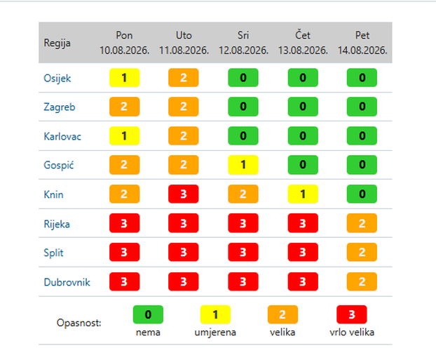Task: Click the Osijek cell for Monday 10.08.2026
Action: pos(124,78)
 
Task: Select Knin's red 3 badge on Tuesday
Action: pos(183,194)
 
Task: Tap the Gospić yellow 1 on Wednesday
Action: pos(243,164)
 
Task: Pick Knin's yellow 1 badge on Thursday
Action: pos(303,194)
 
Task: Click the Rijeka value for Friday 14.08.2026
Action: pos(362,223)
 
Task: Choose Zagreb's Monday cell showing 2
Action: pos(124,107)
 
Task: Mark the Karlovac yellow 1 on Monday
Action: pos(124,136)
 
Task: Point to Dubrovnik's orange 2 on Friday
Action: pos(362,281)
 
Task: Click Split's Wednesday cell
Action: pos(243,252)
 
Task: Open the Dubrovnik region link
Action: pos(67,282)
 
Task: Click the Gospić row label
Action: pos(59,165)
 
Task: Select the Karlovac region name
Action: pos(62,136)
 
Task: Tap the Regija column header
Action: pos(57,43)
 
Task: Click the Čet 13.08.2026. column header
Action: pos(303,43)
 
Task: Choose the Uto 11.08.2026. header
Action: pos(184,43)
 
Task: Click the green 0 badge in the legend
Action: pos(148,314)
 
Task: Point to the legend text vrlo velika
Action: pos(352,332)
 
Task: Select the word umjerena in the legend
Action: pos(215,333)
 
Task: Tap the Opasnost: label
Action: pos(79,323)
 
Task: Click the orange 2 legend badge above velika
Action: pos(282,314)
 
